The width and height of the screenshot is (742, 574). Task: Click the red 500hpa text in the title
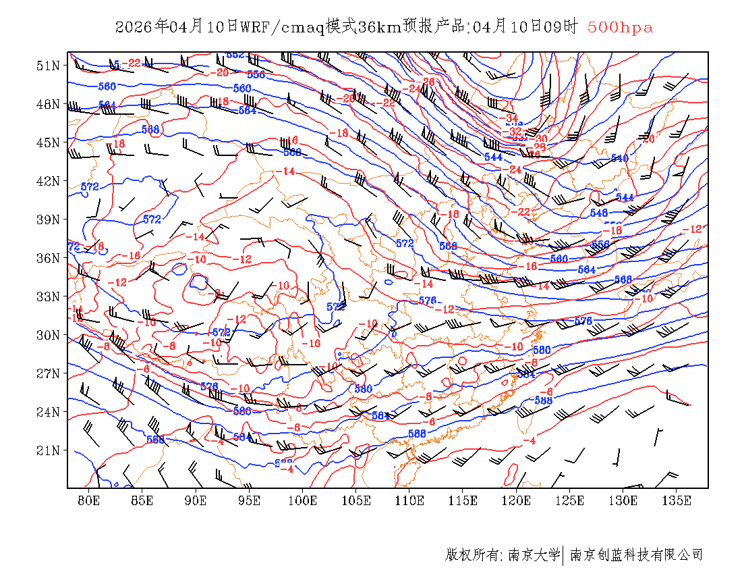point(620,28)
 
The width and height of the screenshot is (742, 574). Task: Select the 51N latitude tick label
point(49,66)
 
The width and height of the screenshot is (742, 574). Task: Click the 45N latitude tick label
point(49,142)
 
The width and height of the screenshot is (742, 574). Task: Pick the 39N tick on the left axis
point(49,219)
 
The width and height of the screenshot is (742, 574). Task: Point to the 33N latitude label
point(49,296)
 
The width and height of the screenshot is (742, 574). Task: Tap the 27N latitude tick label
point(49,373)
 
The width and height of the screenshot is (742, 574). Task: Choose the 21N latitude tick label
point(49,450)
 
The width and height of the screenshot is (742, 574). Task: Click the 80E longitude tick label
point(89,500)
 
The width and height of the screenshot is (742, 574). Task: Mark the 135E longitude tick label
point(677,500)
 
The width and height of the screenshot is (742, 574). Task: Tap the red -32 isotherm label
point(516,132)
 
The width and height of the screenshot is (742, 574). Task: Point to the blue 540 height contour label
point(619,159)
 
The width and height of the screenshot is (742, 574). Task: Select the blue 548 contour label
point(598,213)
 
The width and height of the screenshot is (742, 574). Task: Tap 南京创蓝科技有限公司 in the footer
point(636,555)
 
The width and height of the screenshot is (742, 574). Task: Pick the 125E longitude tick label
point(570,500)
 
